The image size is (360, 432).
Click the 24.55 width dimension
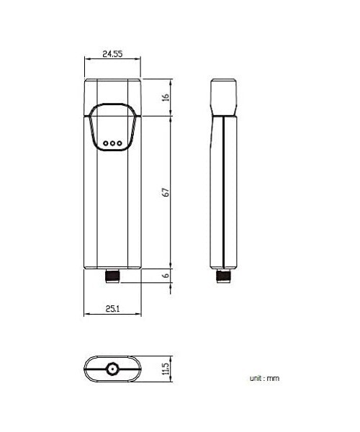pyautogui.click(x=113, y=53)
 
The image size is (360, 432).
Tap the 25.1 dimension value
pyautogui.click(x=112, y=308)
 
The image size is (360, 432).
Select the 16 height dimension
pyautogui.click(x=165, y=97)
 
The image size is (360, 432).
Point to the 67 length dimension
pyautogui.click(x=165, y=192)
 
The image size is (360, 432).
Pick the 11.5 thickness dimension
pyautogui.click(x=165, y=370)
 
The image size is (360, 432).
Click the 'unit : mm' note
pyautogui.click(x=264, y=378)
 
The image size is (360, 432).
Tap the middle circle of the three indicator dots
pyautogui.click(x=113, y=143)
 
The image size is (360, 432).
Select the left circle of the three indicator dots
pyautogui.click(x=105, y=143)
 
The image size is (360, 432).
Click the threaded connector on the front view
pyautogui.click(x=113, y=275)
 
